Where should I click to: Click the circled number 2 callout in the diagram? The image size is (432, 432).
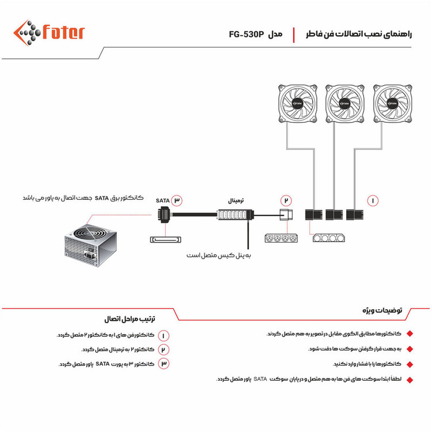pyautogui.click(x=286, y=200)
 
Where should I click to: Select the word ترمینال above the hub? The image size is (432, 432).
pyautogui.click(x=233, y=202)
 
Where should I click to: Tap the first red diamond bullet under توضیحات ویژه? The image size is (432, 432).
pyautogui.click(x=410, y=334)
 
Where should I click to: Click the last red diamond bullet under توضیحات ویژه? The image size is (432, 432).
pyautogui.click(x=410, y=379)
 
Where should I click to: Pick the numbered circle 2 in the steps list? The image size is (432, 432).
pyautogui.click(x=164, y=350)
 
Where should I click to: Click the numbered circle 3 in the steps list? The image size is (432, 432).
pyautogui.click(x=164, y=364)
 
